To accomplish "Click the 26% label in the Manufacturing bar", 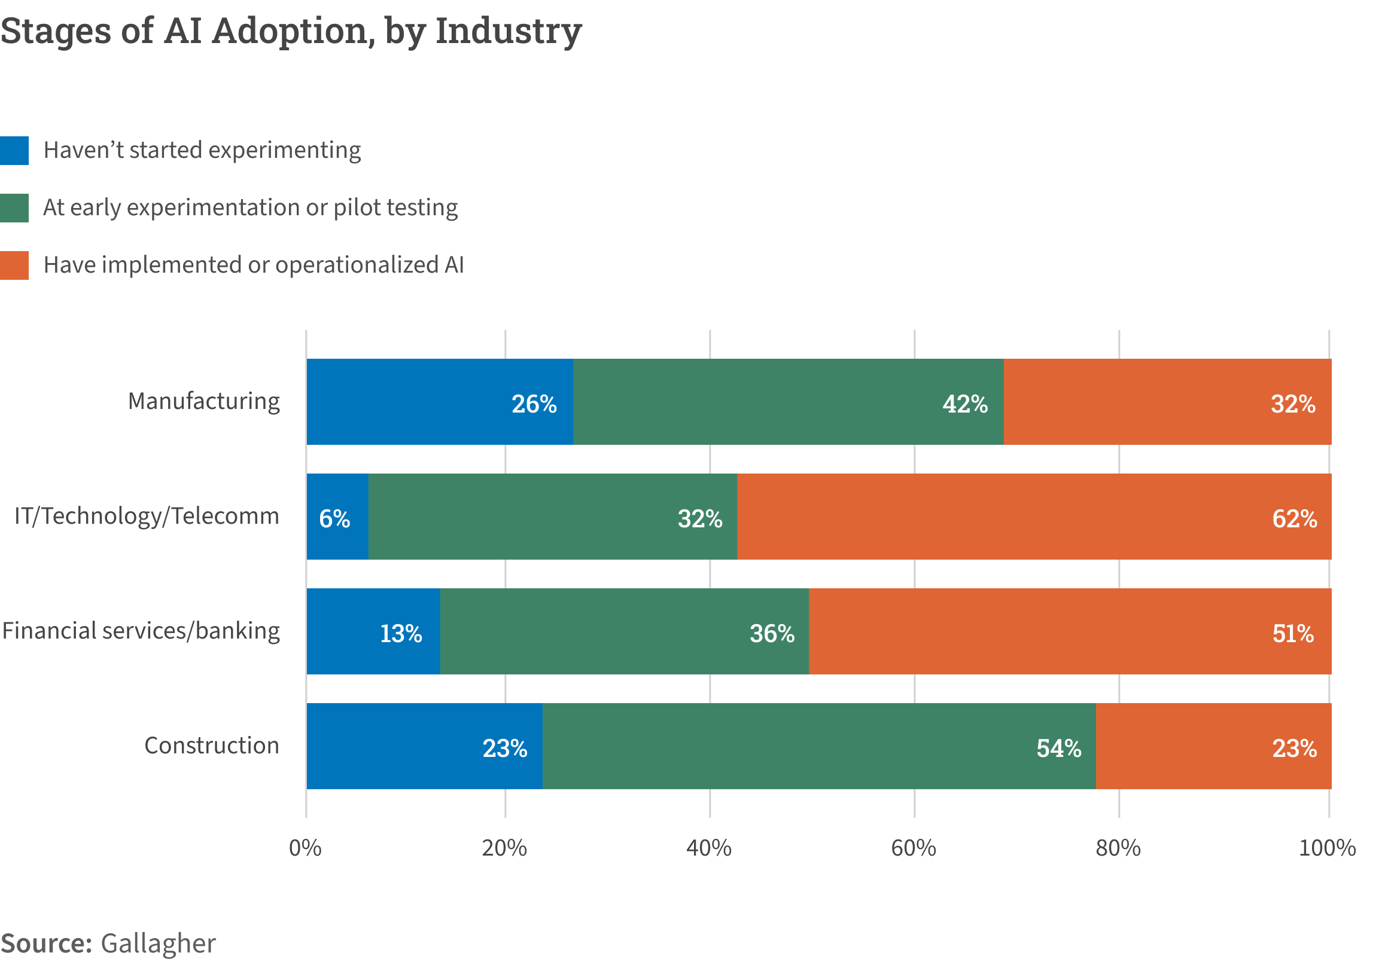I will click(534, 404).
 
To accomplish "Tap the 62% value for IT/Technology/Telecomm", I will click(1294, 519).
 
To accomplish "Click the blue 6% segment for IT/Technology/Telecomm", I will click(337, 517).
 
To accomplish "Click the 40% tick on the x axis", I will click(709, 848).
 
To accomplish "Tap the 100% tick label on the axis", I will click(1326, 848).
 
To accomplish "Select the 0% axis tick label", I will click(305, 848).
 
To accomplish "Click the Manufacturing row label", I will click(203, 401).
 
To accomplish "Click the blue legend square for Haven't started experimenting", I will click(14, 151).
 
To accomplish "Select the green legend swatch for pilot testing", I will click(14, 208).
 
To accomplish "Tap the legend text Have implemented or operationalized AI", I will click(254, 265).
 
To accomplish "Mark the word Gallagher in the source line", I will click(158, 943).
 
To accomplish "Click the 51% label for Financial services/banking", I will click(1292, 634).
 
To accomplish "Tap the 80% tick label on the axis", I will click(1118, 848).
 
